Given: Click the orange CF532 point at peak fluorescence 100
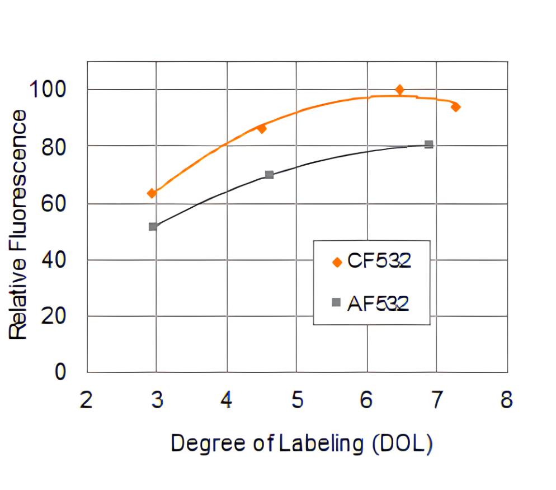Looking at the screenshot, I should [399, 90].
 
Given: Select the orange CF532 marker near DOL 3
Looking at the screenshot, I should [152, 193].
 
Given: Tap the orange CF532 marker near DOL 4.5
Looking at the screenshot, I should [261, 129].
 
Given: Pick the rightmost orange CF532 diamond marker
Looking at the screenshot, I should [455, 107].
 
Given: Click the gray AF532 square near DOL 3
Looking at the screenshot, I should [153, 227].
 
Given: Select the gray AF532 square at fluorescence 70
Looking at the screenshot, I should [269, 175].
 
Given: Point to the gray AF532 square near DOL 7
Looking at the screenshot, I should [428, 144].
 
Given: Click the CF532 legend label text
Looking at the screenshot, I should [379, 261].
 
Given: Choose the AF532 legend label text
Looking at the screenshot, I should [378, 303].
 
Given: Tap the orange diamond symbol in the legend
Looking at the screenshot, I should [336, 262].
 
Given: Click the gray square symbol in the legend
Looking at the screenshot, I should [336, 302].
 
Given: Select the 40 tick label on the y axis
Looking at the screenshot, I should [55, 260].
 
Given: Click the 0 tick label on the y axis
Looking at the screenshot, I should [60, 372].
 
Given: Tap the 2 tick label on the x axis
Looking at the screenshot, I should [86, 401].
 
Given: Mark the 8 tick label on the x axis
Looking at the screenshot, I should [506, 401].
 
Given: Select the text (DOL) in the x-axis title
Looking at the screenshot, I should [403, 444].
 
